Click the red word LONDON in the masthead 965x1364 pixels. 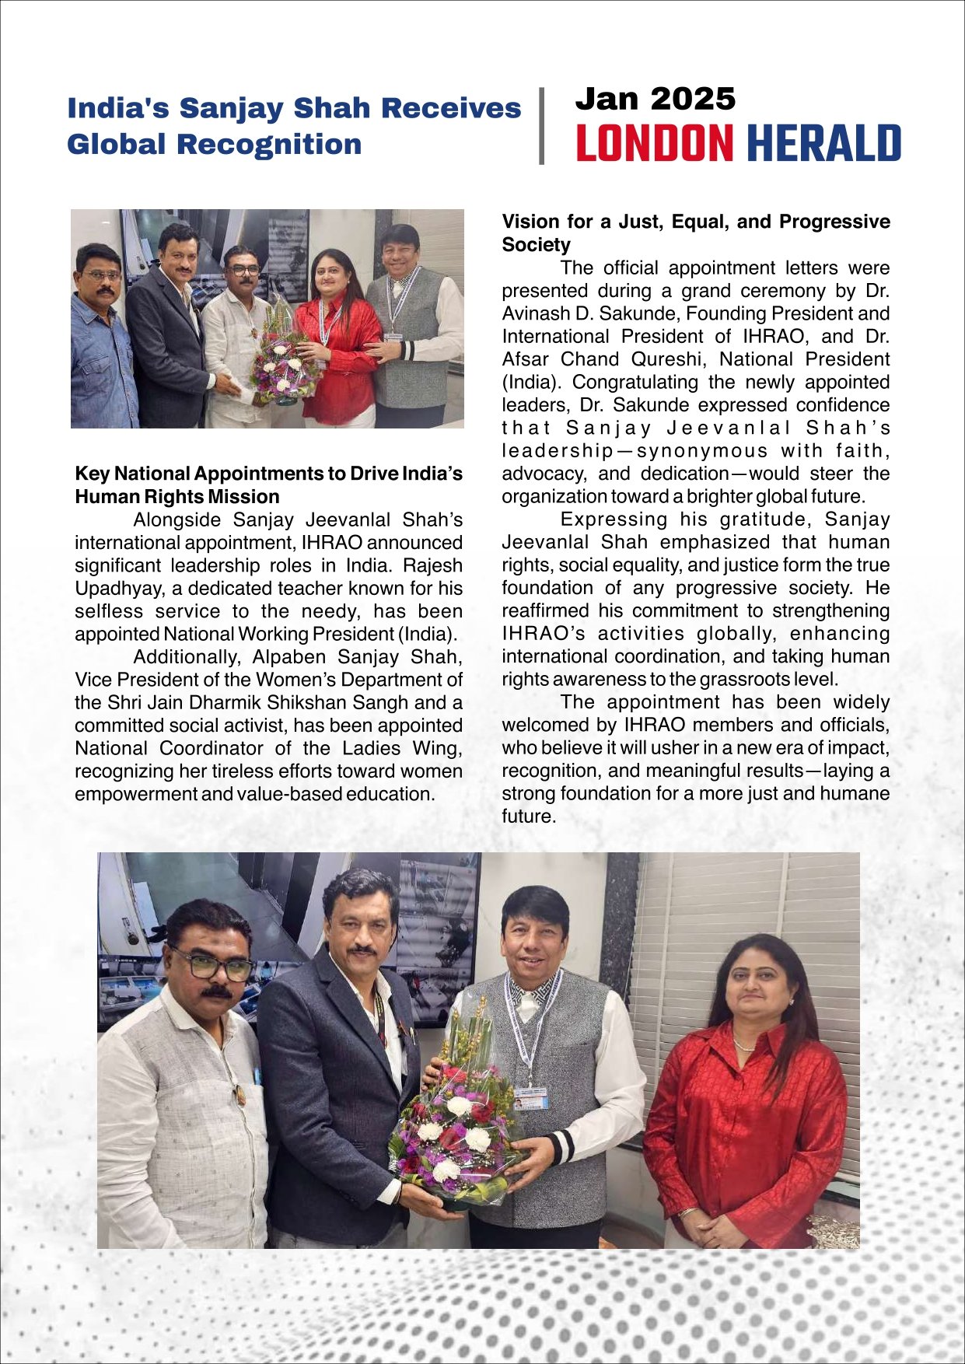654,144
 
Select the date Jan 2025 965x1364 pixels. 655,100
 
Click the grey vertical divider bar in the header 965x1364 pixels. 541,126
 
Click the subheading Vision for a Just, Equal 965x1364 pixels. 695,222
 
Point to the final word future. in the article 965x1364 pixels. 528,817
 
